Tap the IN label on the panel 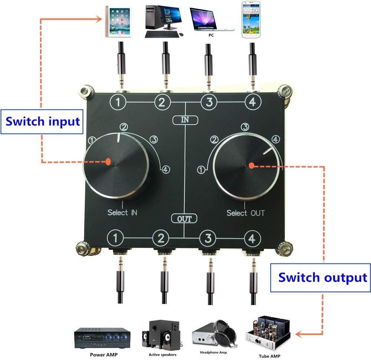coord(185,120)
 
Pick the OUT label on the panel coord(185,219)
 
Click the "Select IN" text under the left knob coord(122,213)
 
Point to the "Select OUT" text coord(246,213)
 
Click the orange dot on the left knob coord(108,161)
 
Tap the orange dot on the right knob coord(251,166)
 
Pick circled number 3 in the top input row coord(209,102)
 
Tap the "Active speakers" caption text coord(161,354)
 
